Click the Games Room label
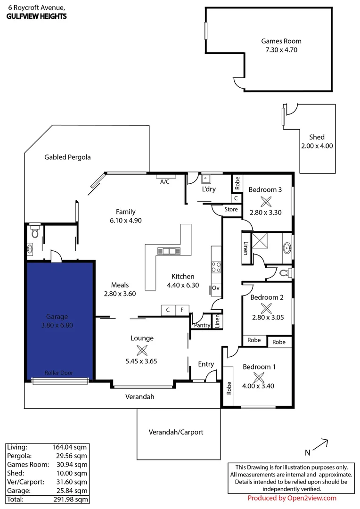(x=281, y=41)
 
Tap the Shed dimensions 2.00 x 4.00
(x=317, y=146)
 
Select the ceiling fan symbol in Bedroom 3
(x=266, y=201)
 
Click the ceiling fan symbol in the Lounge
(x=142, y=350)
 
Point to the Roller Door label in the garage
(x=59, y=373)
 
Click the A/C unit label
(x=165, y=181)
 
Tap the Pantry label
(x=201, y=325)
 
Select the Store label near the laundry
(x=231, y=209)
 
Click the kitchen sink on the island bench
(x=169, y=251)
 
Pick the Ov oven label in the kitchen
(x=216, y=288)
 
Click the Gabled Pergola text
(x=67, y=157)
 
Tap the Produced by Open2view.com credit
(x=292, y=498)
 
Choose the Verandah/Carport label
(x=176, y=432)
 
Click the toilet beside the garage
(x=33, y=232)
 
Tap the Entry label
(x=206, y=364)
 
